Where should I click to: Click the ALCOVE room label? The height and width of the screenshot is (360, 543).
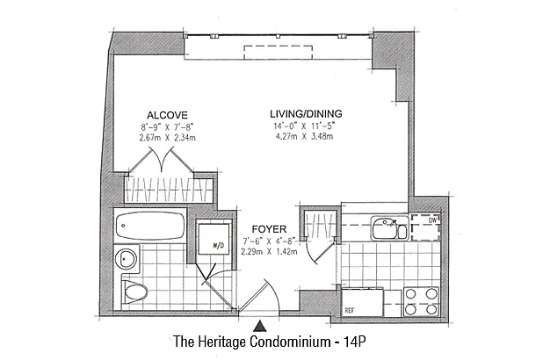167,115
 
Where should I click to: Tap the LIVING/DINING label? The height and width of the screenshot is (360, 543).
306,113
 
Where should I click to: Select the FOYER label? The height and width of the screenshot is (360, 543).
269,229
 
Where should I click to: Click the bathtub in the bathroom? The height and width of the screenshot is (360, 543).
150,226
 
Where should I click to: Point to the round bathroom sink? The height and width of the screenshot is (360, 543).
126,259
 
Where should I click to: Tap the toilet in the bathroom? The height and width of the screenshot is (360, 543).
134,292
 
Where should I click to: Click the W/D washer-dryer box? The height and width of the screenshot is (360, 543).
214,239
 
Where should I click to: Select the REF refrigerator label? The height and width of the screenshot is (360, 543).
349,311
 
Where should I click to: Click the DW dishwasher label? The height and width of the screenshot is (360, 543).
433,220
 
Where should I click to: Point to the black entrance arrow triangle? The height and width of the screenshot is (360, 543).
259,327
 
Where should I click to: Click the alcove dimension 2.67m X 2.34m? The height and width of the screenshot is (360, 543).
167,138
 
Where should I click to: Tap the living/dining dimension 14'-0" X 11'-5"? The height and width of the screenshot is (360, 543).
305,126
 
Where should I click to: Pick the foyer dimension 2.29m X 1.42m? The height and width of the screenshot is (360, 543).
269,252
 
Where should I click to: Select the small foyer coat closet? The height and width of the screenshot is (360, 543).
319,225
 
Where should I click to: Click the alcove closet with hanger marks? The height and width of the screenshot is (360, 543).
169,191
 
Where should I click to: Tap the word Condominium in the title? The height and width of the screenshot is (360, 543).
290,342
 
